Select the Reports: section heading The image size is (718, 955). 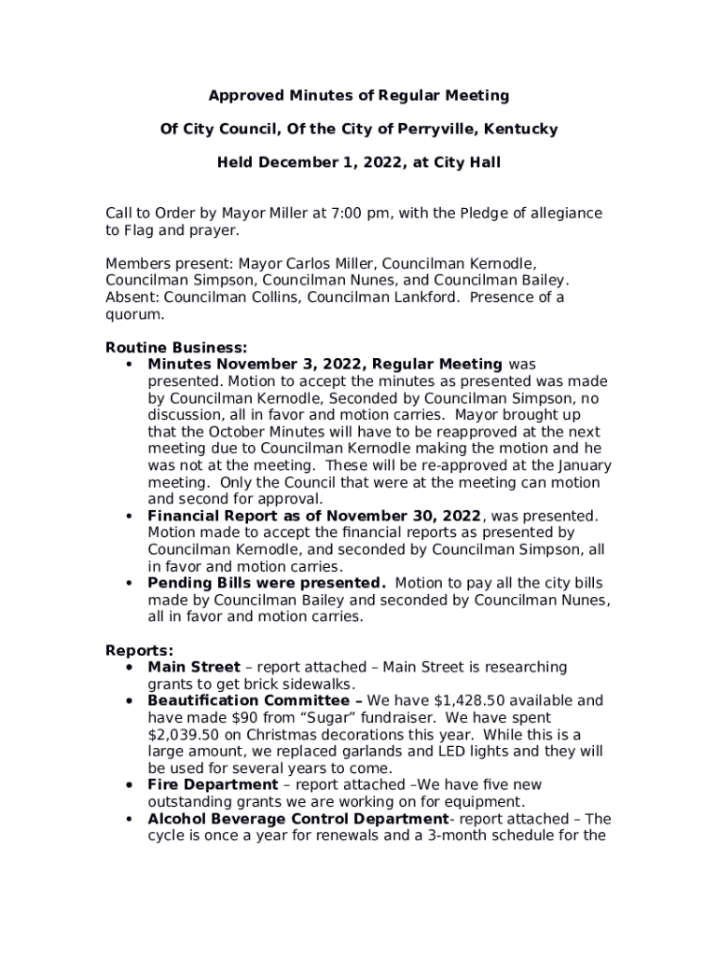point(139,651)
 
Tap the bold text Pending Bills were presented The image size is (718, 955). point(267,584)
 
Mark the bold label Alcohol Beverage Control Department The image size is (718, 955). point(298,819)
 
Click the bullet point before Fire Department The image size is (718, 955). point(128,785)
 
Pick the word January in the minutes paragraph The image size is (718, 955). point(585,465)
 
